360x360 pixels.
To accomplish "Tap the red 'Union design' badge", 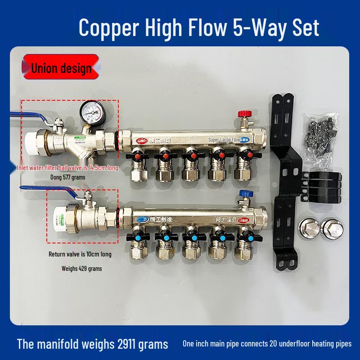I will (61, 68).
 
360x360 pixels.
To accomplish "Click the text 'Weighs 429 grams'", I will (81, 269).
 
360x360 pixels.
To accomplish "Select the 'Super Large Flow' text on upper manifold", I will (224, 140).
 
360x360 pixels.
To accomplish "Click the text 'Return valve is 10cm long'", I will (80, 254).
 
